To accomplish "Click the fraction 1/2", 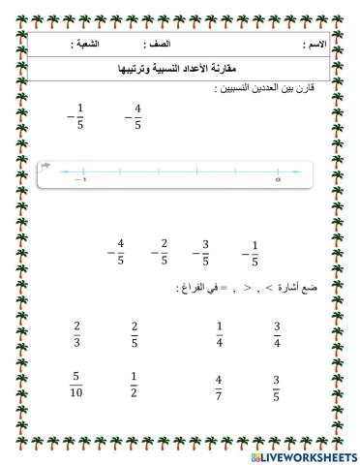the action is coord(135,385).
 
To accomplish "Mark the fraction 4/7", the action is coord(219,387).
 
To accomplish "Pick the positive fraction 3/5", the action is coord(277,387).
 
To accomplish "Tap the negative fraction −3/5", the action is coord(201,252).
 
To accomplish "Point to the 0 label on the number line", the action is coord(278,180).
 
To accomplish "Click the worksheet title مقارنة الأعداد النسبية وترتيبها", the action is coord(179,68).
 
